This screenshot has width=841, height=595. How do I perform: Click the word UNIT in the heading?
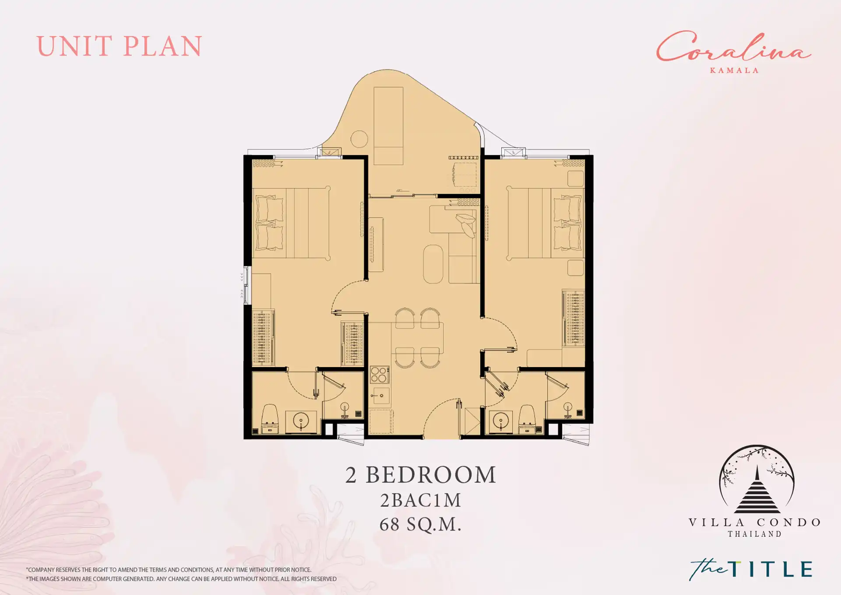pyautogui.click(x=74, y=46)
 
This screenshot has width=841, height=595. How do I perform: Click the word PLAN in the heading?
pyautogui.click(x=163, y=46)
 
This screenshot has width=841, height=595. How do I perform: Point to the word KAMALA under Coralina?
pyautogui.click(x=734, y=70)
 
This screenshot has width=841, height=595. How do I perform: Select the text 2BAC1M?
pyautogui.click(x=420, y=500)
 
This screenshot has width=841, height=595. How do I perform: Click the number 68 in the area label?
pyautogui.click(x=389, y=524)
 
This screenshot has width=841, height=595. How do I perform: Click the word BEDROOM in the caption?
pyautogui.click(x=431, y=475)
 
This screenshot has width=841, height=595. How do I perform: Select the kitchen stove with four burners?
pyautogui.click(x=379, y=375)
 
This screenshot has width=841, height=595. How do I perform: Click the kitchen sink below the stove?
pyautogui.click(x=379, y=396)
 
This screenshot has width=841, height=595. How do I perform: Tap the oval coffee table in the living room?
pyautogui.click(x=433, y=264)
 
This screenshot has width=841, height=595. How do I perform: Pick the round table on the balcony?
pyautogui.click(x=359, y=139)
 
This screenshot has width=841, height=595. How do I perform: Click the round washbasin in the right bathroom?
pyautogui.click(x=500, y=421)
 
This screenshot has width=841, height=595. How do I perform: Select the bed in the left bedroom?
pyautogui.click(x=291, y=223)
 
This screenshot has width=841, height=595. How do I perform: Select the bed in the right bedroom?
pyautogui.click(x=545, y=223)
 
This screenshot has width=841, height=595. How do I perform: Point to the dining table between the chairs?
pyautogui.click(x=417, y=338)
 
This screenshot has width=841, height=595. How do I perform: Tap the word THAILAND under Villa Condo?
pyautogui.click(x=755, y=534)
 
